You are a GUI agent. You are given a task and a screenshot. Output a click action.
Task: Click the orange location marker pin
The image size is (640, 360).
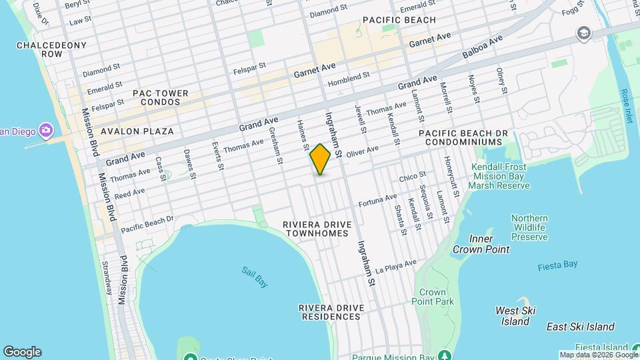(x=321, y=159)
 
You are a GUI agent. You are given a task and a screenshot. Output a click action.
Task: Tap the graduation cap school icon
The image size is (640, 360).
(x=585, y=33)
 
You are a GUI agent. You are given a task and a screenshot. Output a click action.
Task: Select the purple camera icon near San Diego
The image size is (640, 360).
(x=46, y=129)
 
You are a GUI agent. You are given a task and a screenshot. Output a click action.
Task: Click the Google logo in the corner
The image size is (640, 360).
(x=22, y=352)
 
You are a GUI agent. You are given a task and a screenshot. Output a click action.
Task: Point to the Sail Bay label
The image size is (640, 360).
(x=255, y=277)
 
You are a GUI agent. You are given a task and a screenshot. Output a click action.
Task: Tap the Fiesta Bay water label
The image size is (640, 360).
(x=557, y=265)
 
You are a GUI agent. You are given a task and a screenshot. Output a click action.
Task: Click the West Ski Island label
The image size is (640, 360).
(x=516, y=316)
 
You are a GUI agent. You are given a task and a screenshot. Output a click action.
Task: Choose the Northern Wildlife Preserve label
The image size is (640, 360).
(x=530, y=227)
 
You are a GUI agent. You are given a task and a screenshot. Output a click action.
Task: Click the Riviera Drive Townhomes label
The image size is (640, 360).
(x=316, y=229)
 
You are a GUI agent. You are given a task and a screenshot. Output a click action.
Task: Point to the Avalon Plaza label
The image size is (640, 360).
(x=137, y=131)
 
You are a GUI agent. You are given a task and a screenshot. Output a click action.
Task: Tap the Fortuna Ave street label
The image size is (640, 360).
(x=377, y=199)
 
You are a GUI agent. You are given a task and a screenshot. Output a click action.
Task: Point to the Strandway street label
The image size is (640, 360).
(x=107, y=277)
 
